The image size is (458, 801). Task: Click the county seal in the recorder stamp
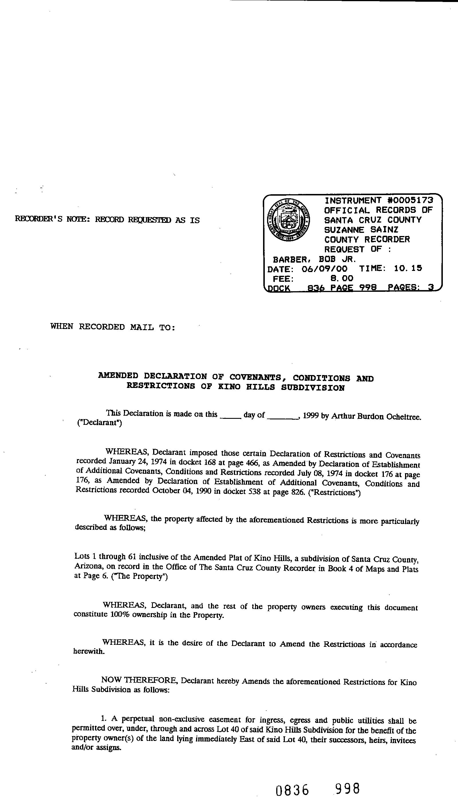coord(288,220)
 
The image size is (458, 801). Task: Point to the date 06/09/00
coord(324,269)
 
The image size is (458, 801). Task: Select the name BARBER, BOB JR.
coord(314,259)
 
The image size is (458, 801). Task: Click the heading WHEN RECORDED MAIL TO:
coord(112,327)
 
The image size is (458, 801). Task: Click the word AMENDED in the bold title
coord(118,376)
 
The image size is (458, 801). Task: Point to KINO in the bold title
coord(229,387)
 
